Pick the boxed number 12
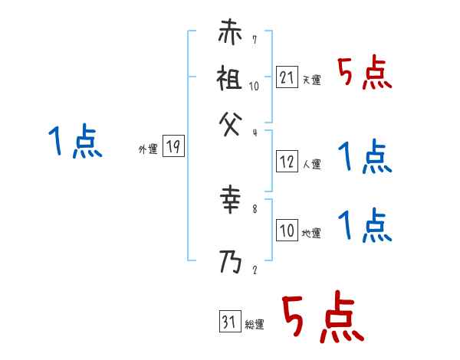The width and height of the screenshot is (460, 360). [286, 162]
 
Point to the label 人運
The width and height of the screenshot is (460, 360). [311, 165]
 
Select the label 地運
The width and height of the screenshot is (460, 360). [311, 234]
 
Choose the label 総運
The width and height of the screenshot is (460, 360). [255, 324]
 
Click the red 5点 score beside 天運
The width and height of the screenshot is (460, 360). [364, 74]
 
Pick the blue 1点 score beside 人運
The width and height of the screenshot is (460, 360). [364, 158]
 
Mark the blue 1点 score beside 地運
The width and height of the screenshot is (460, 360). [364, 226]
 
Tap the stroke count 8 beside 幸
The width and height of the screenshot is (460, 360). [255, 207]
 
